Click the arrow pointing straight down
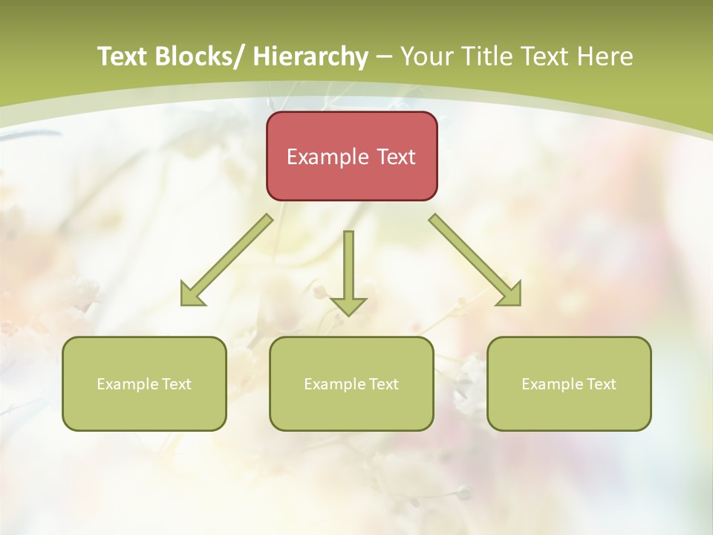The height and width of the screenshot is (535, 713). pos(348,272)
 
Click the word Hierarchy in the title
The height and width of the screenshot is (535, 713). pos(310,56)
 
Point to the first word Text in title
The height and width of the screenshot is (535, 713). pos(123,56)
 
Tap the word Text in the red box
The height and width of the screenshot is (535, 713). pos(396,157)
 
